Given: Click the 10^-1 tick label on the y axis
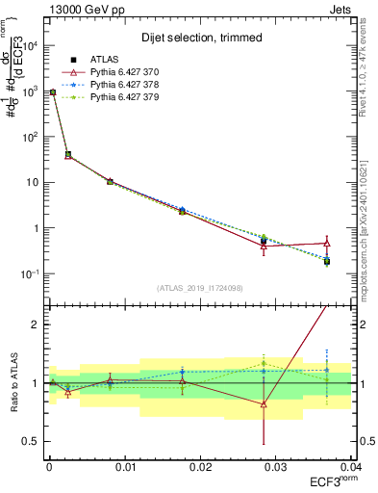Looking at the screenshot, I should point(31,274).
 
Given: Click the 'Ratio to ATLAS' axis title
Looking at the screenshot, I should point(14,383).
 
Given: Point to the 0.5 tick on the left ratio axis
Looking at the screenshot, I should point(29,442).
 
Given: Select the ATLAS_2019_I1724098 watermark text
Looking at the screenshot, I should point(200,287).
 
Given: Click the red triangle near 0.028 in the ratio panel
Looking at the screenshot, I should point(264,403).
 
